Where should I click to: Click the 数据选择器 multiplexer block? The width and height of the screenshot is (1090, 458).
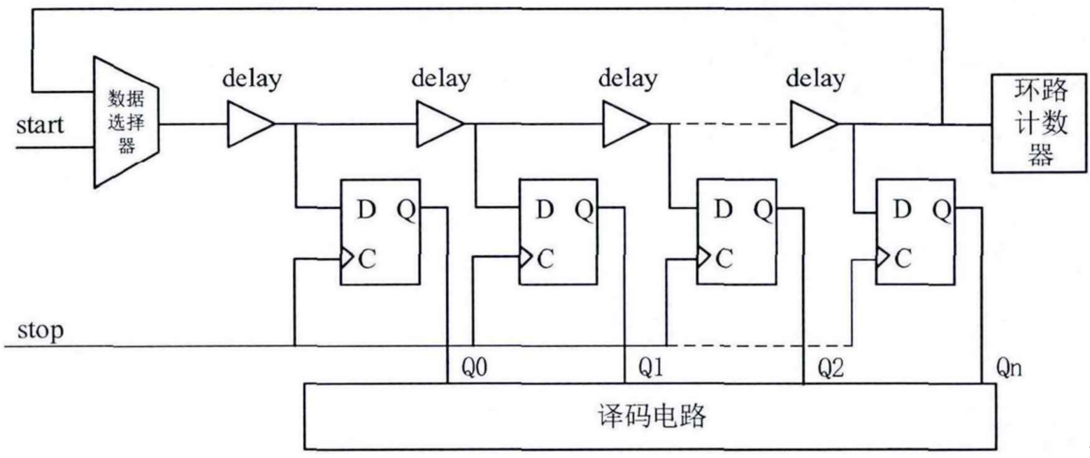(127, 123)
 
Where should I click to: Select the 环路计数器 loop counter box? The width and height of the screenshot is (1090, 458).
(1040, 123)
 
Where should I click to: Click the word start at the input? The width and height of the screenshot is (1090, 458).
(40, 126)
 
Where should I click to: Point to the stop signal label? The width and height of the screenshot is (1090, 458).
(39, 329)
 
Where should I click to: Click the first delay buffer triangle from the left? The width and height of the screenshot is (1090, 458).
(249, 124)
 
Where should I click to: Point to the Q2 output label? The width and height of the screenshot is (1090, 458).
(830, 368)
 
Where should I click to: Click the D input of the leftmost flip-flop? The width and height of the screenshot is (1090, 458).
(366, 208)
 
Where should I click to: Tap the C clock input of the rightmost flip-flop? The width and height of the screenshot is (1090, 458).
(903, 259)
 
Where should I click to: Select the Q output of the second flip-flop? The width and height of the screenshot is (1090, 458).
(585, 208)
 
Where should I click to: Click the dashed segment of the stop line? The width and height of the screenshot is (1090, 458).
(759, 345)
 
